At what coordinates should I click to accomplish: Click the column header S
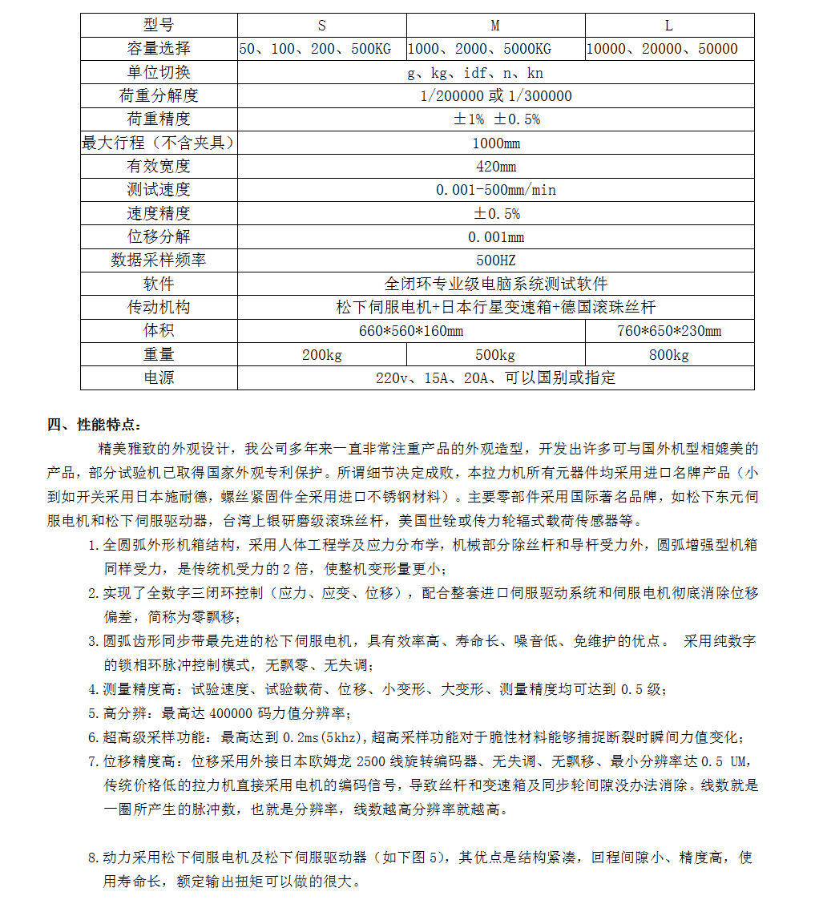322,26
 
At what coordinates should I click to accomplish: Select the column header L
669,26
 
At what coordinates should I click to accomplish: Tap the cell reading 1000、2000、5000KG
480,49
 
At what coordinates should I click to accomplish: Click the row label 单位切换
159,72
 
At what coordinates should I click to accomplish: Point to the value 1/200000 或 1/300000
496,96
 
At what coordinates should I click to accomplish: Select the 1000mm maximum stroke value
496,143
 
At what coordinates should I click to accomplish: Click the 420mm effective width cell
496,167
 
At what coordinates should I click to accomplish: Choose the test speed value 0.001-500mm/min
496,190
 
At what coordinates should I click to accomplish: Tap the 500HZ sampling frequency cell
496,260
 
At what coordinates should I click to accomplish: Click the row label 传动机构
159,307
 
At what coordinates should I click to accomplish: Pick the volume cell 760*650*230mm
669,331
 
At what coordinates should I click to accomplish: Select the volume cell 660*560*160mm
412,331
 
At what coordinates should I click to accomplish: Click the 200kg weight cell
322,355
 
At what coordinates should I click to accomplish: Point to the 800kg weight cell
669,355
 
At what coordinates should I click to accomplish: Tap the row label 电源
159,377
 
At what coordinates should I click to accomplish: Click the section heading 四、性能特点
95,425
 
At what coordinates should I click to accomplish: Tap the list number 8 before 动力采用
92,858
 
